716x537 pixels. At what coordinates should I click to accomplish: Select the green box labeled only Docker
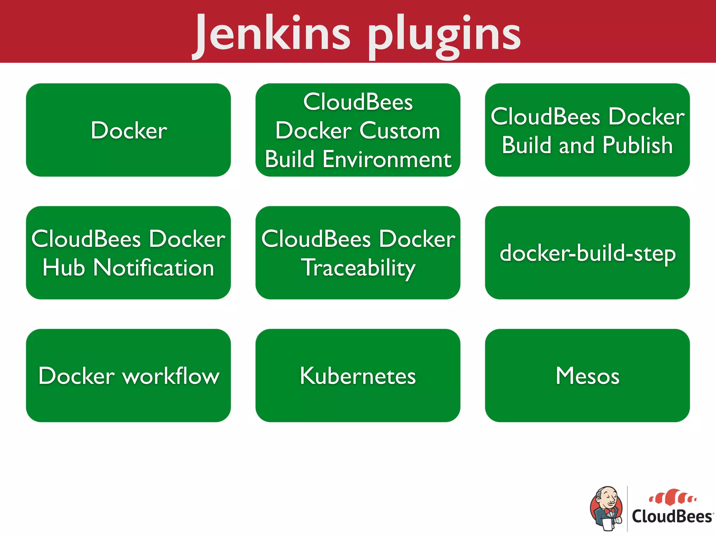(128, 130)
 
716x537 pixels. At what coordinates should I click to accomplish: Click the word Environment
(387, 159)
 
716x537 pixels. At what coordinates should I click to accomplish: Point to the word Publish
(638, 145)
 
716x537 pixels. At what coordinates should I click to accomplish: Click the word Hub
(64, 268)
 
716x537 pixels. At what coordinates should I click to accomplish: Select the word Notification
(154, 268)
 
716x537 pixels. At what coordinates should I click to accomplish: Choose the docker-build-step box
(587, 253)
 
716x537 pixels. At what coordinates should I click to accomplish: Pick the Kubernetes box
(358, 375)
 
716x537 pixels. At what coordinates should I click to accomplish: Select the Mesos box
(587, 375)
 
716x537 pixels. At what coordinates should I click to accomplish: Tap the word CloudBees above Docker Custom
(358, 102)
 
